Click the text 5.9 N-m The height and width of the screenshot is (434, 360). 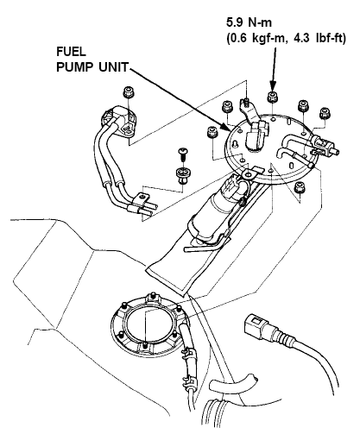249,22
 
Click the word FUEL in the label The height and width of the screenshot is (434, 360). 71,52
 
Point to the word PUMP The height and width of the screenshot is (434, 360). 74,67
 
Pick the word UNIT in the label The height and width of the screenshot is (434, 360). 113,67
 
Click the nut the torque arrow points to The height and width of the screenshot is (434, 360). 273,97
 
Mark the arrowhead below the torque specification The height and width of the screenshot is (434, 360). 273,85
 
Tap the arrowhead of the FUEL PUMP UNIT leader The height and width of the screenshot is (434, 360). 225,128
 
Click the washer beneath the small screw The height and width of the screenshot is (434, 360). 181,175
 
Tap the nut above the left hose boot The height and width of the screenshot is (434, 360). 129,92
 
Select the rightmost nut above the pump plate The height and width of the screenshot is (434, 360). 325,113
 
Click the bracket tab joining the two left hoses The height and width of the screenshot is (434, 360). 142,199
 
